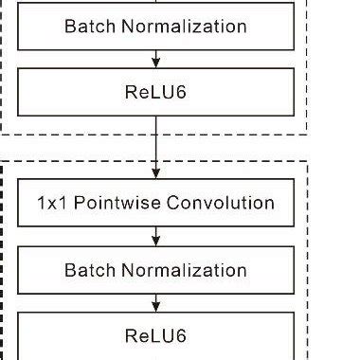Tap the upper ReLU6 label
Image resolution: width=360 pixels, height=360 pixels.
tap(155, 91)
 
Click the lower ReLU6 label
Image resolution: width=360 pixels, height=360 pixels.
tap(155, 335)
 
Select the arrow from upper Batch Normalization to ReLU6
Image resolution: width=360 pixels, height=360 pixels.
tap(155, 58)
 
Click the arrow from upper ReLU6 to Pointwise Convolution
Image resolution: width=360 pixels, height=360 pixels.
tap(155, 147)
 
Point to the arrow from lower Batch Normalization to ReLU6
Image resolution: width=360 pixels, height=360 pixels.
tap(155, 302)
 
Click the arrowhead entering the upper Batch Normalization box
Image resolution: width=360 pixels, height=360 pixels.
tap(155, 4)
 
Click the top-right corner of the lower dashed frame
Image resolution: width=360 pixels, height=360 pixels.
tap(309, 161)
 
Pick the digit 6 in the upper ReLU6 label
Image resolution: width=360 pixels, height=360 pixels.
tap(181, 91)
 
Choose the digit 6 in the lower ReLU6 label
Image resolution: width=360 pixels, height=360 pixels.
tap(181, 335)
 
